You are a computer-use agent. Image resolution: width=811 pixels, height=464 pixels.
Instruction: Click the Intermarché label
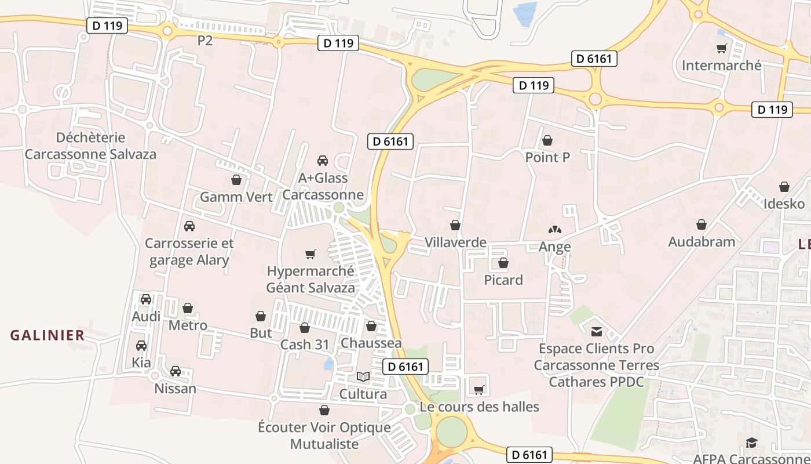coord(721,66)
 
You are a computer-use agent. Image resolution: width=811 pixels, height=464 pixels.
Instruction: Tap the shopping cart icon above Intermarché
coord(721,49)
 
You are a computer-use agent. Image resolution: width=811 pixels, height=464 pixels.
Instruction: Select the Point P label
coord(547,157)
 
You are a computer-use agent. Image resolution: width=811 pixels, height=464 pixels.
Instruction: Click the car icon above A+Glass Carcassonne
coord(323,161)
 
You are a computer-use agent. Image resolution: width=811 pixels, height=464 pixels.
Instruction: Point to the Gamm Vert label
coord(236,197)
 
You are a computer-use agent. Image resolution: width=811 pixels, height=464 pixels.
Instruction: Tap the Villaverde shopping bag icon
coord(455,225)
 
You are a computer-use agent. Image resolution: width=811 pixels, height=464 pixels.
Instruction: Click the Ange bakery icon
coord(554,230)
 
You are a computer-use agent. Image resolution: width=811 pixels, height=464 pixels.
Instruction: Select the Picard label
coord(503,280)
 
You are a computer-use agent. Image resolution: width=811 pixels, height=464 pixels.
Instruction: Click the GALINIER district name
coord(48,335)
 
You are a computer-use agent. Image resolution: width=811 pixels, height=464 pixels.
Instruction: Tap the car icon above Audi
coord(146,299)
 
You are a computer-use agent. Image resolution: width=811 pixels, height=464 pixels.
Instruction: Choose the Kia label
coord(141,363)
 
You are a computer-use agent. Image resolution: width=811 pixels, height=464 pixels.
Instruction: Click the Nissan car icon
coord(175,371)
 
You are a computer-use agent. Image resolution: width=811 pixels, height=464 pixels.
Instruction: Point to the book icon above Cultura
coord(363,377)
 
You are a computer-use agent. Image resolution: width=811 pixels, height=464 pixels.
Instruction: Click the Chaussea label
coord(371,343)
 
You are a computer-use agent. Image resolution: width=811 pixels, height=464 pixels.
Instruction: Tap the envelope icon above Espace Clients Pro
coord(596,332)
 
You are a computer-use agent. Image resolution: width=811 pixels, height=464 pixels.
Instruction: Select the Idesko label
coord(784,204)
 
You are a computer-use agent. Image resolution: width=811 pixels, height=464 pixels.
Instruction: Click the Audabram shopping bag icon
coord(701,224)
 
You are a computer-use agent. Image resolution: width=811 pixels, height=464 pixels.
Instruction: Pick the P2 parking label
coord(205,41)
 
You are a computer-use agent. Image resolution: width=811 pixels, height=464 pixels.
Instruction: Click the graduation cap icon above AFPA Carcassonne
coord(751,443)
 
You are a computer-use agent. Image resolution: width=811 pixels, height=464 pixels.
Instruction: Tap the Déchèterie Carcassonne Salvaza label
coord(90,146)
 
